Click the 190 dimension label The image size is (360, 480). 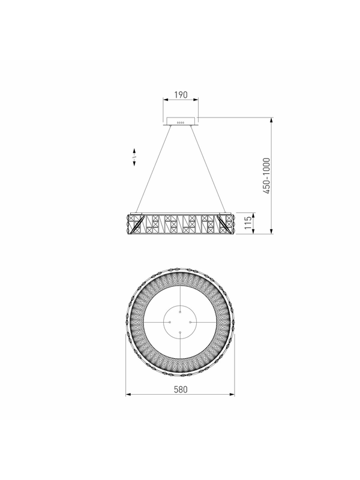tap(181, 95)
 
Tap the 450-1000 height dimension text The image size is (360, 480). tap(266, 176)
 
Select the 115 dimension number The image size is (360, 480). tap(248, 223)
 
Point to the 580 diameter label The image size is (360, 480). tap(181, 389)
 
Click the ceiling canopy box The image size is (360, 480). tap(181, 121)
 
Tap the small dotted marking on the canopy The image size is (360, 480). tap(181, 123)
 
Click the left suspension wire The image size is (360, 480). tap(154, 169)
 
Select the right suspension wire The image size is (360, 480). tap(208, 169)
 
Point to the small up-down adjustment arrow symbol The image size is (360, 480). tap(134, 157)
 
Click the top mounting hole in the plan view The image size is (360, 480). tap(180, 312)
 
